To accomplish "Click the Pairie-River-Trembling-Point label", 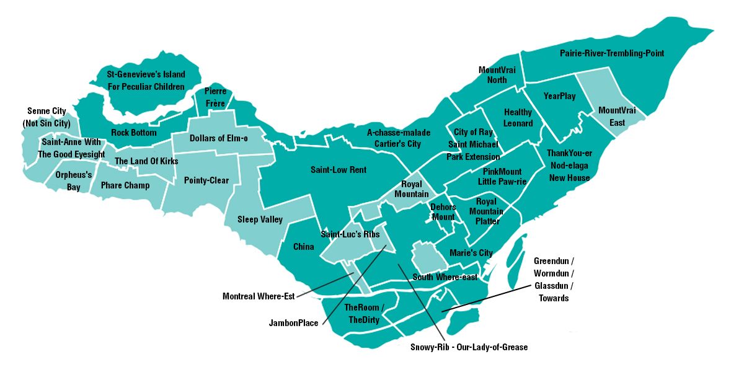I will click(x=611, y=53).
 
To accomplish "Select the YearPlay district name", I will click(x=559, y=96).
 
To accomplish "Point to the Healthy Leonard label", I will click(x=518, y=118).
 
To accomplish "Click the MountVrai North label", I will click(x=492, y=75).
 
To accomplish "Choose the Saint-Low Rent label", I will click(x=339, y=170).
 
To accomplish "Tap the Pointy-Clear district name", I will click(x=206, y=180).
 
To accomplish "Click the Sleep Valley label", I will click(x=260, y=219).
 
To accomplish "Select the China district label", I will click(x=303, y=247).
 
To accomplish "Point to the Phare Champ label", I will click(x=125, y=185).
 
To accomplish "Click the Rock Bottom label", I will click(x=134, y=133).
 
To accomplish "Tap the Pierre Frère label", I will click(x=215, y=97).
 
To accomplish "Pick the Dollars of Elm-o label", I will click(x=218, y=138).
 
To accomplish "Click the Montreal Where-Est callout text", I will click(x=258, y=296).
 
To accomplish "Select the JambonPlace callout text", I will click(x=293, y=323).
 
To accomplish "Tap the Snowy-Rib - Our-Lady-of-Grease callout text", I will click(x=469, y=347).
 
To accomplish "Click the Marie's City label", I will click(x=471, y=253).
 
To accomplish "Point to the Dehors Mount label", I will click(x=443, y=212).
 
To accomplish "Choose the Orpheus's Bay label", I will click(x=73, y=181).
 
